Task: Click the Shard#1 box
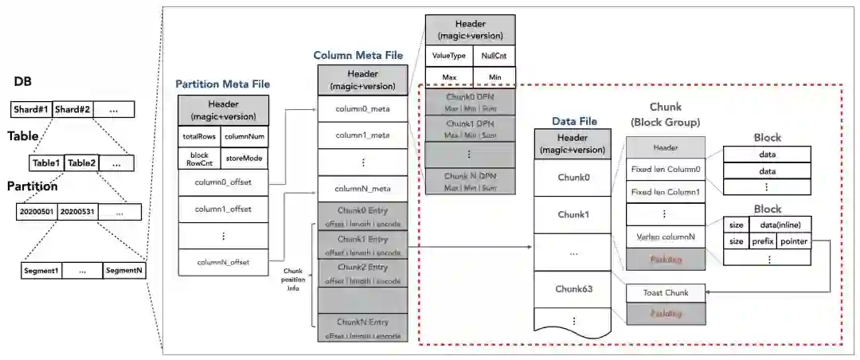[x=31, y=110]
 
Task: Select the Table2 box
[x=81, y=163]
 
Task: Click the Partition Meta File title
[x=222, y=84]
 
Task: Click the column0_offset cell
[x=223, y=182]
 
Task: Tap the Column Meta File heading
[x=358, y=56]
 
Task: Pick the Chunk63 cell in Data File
[x=573, y=288]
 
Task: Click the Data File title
[x=574, y=121]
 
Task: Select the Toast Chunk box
[x=665, y=293]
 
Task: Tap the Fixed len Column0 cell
[x=665, y=170]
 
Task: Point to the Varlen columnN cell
[x=665, y=237]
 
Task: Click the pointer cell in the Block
[x=794, y=241]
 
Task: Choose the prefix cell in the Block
[x=762, y=241]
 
